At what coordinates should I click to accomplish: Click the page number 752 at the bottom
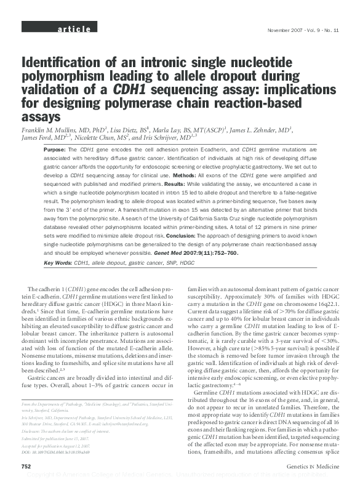26,467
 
